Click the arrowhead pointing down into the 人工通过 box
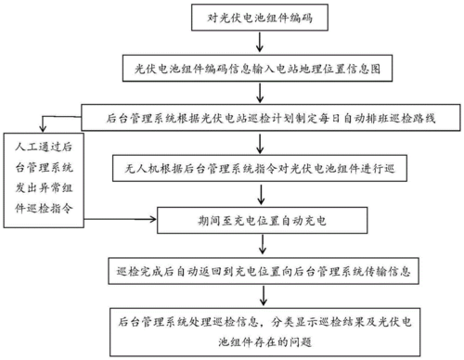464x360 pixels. point(38,132)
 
